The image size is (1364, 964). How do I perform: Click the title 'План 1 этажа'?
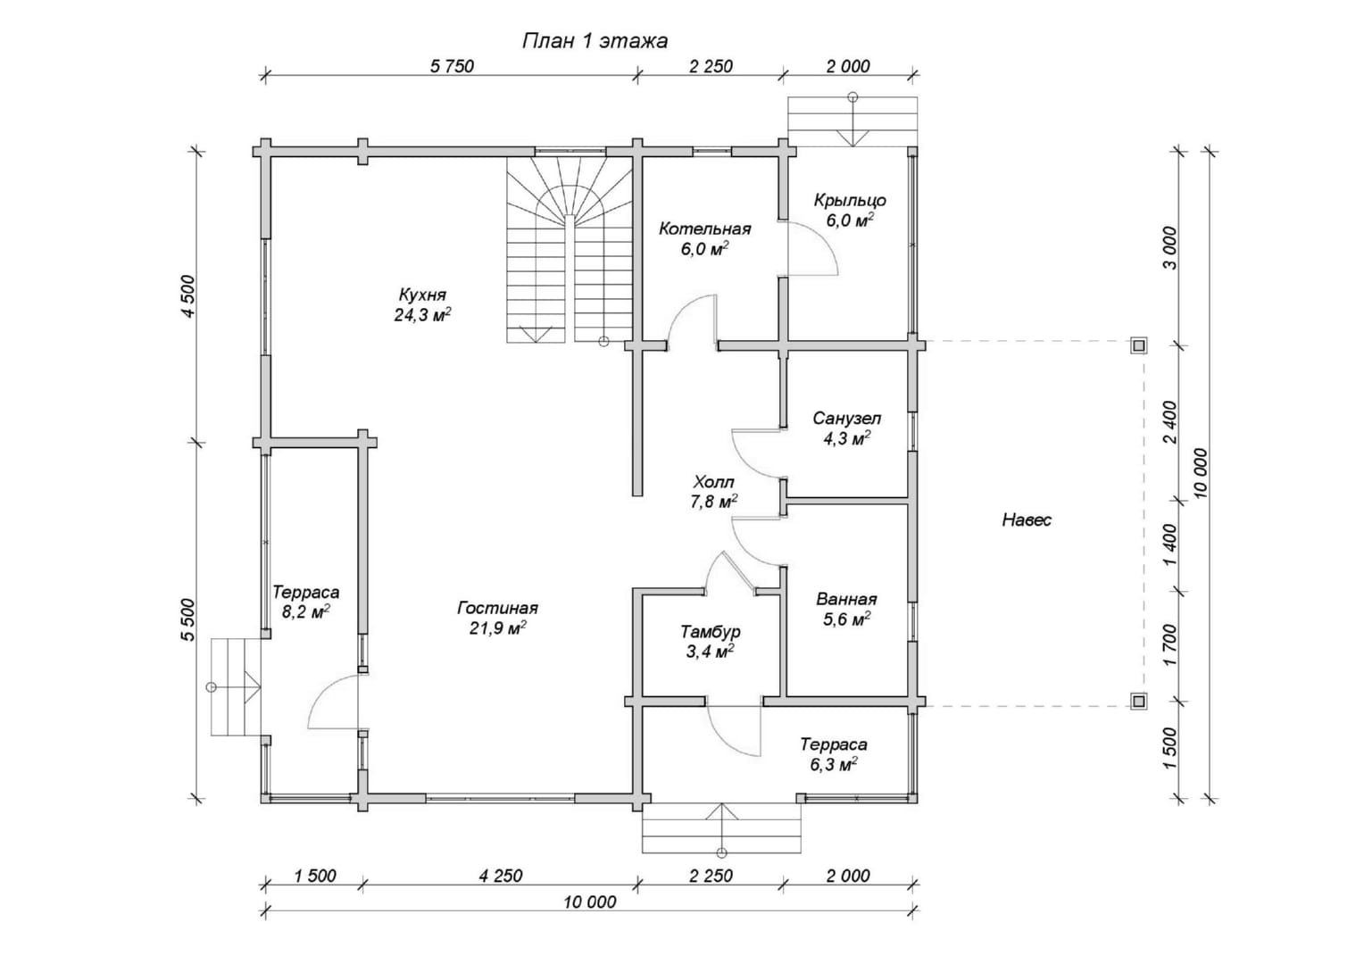pyautogui.click(x=595, y=41)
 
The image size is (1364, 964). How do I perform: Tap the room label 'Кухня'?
pyautogui.click(x=422, y=295)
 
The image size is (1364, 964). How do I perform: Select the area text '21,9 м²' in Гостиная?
pyautogui.click(x=497, y=627)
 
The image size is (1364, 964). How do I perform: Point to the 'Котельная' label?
pyautogui.click(x=704, y=229)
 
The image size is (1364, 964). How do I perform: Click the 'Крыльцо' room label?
pyautogui.click(x=850, y=200)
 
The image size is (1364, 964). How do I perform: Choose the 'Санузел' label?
pyautogui.click(x=846, y=419)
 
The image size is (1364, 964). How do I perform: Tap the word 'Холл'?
pyautogui.click(x=713, y=482)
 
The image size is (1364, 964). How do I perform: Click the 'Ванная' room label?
pyautogui.click(x=846, y=599)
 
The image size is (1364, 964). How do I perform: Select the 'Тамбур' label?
pyautogui.click(x=710, y=631)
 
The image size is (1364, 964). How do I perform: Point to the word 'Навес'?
pyautogui.click(x=1027, y=520)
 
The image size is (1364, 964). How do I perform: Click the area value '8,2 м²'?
pyautogui.click(x=305, y=611)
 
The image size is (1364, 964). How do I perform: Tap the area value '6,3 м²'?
pyautogui.click(x=834, y=764)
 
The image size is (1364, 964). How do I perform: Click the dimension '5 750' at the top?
pyautogui.click(x=452, y=66)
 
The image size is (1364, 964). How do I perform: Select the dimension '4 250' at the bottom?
pyautogui.click(x=501, y=876)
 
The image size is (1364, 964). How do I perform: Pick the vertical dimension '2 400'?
pyautogui.click(x=1170, y=422)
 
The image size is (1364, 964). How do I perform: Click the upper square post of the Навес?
pyautogui.click(x=1139, y=346)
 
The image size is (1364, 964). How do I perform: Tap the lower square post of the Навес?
pyautogui.click(x=1139, y=701)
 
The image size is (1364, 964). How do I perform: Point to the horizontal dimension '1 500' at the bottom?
pyautogui.click(x=315, y=876)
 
